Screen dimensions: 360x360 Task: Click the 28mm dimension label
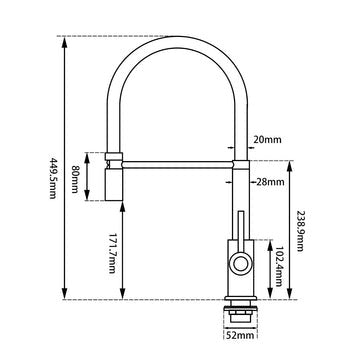point(272,181)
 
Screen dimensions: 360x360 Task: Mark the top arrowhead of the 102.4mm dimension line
point(267,241)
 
